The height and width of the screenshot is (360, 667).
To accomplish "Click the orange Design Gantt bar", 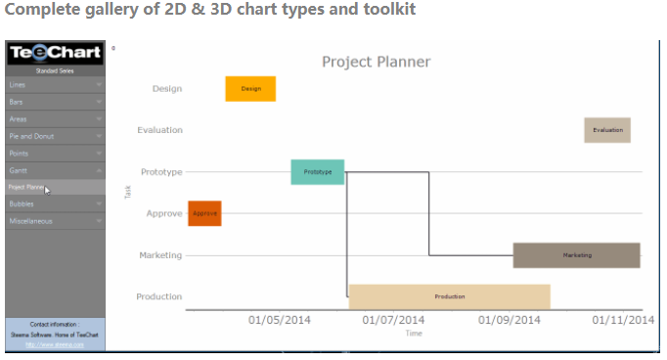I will coord(250,88).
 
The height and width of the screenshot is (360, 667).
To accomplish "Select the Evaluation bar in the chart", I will coord(607,130).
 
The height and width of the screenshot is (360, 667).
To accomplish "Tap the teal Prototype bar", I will coord(317,172).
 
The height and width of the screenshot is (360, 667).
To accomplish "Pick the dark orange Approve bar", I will coord(204,213).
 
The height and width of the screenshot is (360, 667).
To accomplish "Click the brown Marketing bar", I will coord(576,255).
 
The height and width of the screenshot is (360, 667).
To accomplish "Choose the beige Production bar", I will coord(449,296).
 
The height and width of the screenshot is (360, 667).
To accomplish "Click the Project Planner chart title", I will coord(376,62).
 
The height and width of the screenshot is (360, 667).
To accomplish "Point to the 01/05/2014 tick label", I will coord(279,319).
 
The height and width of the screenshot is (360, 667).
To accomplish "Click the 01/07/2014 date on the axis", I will coord(394,319).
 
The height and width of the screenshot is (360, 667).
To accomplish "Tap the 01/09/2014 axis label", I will coord(510,319).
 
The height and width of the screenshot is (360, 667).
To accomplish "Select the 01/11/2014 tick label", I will coord(625,319).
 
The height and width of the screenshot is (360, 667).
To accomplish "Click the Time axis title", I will coord(414,334).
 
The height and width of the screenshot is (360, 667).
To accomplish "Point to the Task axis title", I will coord(128,192).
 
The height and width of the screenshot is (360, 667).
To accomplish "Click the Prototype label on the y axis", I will coord(161,172).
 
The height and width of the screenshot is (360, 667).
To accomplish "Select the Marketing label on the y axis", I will coord(160,255).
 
